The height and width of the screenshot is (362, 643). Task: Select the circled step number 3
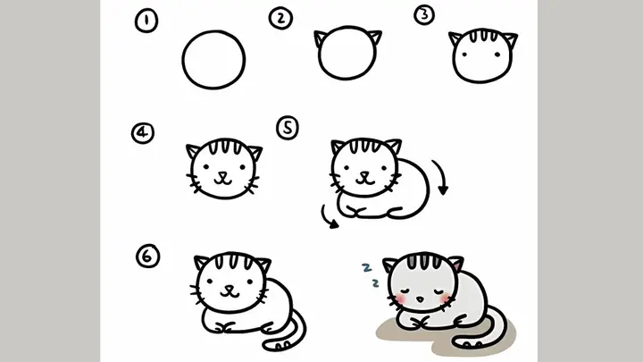[424, 15]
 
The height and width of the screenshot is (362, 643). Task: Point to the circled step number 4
[141, 134]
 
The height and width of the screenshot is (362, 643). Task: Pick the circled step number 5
[287, 129]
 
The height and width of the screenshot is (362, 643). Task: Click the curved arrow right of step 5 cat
[439, 177]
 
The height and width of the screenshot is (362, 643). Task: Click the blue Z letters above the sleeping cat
[370, 274]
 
